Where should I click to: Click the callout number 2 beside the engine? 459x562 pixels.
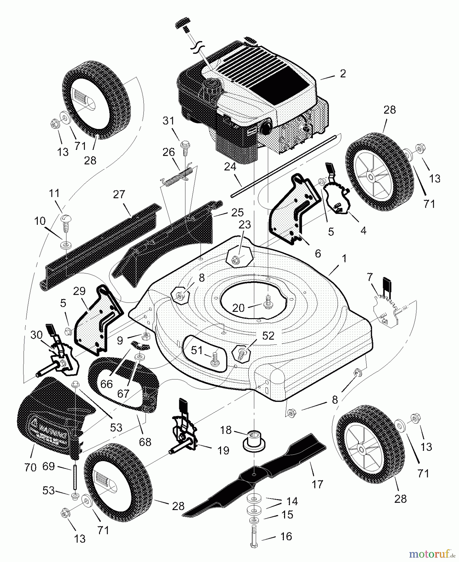pyautogui.click(x=343, y=74)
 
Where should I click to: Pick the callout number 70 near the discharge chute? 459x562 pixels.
pyautogui.click(x=30, y=467)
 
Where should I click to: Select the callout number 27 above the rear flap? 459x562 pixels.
pyautogui.click(x=119, y=195)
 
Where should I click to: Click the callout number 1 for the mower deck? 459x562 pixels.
pyautogui.click(x=344, y=259)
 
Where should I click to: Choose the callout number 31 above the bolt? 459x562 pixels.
pyautogui.click(x=169, y=121)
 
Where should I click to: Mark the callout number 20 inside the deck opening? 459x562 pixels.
pyautogui.click(x=239, y=308)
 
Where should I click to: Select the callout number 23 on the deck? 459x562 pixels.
pyautogui.click(x=245, y=225)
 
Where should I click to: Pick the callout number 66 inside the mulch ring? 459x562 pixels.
pyautogui.click(x=106, y=384)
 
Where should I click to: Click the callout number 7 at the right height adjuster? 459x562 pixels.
pyautogui.click(x=370, y=277)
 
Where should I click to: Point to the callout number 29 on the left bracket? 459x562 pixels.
pyautogui.click(x=79, y=291)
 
